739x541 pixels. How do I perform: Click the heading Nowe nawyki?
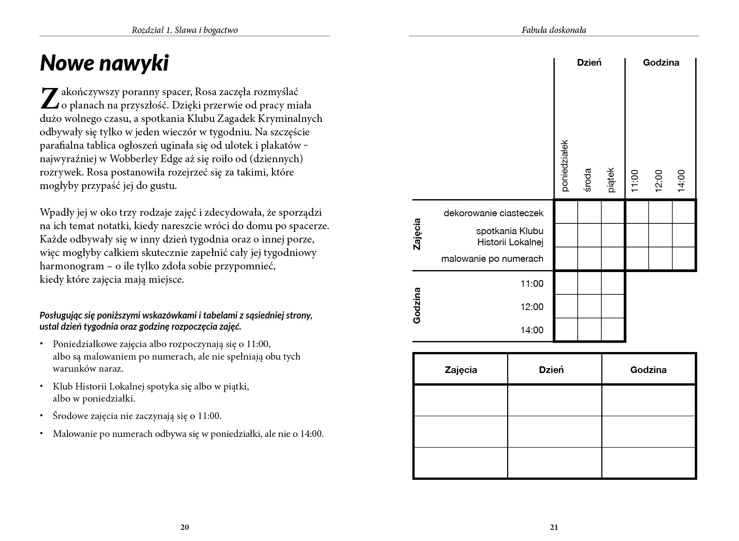tap(104, 63)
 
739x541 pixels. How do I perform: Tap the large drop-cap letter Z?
tap(49, 98)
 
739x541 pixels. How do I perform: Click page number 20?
tap(185, 527)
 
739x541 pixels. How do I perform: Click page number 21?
tap(554, 527)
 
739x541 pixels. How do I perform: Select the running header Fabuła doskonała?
tap(554, 30)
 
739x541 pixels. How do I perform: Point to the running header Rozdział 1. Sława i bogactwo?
tap(185, 30)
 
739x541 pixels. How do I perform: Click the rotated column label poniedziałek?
tap(565, 165)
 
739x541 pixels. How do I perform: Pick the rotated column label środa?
tap(588, 180)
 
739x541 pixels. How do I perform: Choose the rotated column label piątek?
tap(612, 180)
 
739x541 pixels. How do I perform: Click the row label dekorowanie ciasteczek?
tap(493, 213)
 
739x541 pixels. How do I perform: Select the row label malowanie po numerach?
tap(492, 259)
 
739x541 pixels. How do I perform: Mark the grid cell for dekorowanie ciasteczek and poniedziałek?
tap(566, 212)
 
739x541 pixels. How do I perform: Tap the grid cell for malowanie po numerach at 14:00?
tap(684, 259)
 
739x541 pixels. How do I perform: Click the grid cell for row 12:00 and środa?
tap(589, 306)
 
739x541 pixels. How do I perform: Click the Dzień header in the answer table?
tap(551, 370)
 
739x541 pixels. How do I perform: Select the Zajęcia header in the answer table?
tap(461, 370)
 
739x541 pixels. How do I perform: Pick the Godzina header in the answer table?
tap(648, 370)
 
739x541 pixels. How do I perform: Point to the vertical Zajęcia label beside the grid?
tap(417, 234)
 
